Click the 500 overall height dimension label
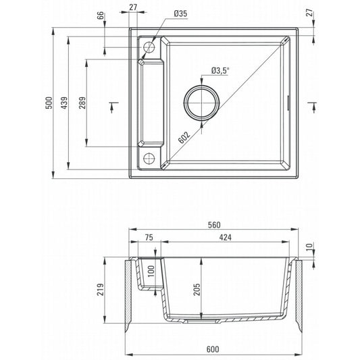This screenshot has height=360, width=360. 49,103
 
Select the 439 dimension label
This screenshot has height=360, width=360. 65,103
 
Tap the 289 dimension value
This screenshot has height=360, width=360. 82,103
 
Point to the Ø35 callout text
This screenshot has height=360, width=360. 180,14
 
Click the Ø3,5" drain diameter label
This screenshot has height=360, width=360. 220,70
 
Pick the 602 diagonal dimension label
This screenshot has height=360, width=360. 184,137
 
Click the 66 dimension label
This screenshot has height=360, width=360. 101,16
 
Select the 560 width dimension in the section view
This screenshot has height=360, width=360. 214,225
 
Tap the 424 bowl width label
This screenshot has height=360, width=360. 225,237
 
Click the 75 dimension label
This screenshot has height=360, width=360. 149,237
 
